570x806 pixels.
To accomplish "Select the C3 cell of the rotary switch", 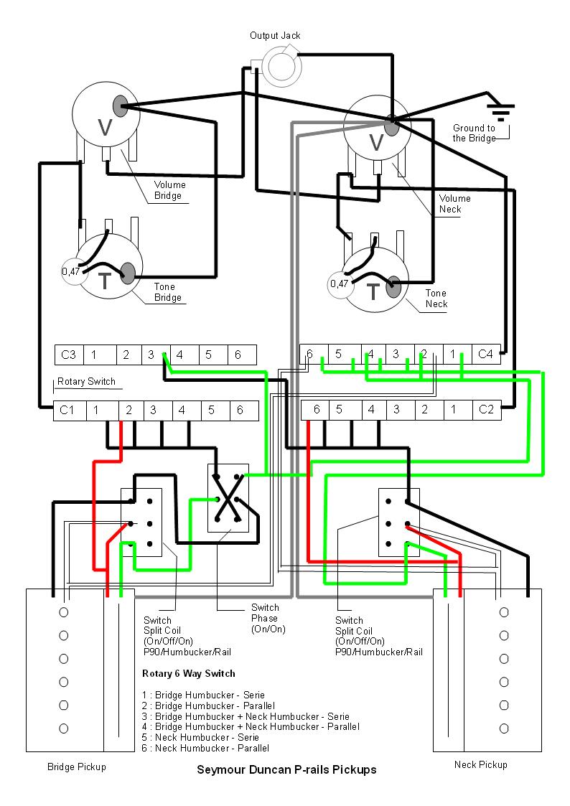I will [x=69, y=355].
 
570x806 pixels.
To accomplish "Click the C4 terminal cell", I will [x=485, y=353].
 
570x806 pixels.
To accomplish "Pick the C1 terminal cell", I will [x=67, y=411].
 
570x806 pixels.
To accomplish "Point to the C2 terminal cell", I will [x=486, y=409].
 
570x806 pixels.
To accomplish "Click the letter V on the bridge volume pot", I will [x=104, y=127].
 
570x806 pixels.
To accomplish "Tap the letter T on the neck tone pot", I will [x=373, y=291].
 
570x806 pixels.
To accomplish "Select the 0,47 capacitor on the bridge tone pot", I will [x=71, y=271].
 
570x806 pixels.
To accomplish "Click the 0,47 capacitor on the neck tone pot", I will [x=339, y=283].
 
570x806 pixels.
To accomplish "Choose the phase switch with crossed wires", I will [x=228, y=497].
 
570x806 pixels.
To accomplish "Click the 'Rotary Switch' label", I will [x=86, y=382].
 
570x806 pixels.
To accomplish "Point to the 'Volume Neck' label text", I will [x=455, y=204].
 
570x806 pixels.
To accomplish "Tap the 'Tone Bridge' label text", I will [x=168, y=292].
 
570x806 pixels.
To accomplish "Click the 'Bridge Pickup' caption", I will [x=76, y=767].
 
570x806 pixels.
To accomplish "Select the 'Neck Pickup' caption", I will [x=480, y=764].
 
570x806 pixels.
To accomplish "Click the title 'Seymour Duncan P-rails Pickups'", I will [x=286, y=769].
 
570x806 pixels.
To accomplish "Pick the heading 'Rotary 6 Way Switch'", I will [x=189, y=673].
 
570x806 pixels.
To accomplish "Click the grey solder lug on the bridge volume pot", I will [x=120, y=106].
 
